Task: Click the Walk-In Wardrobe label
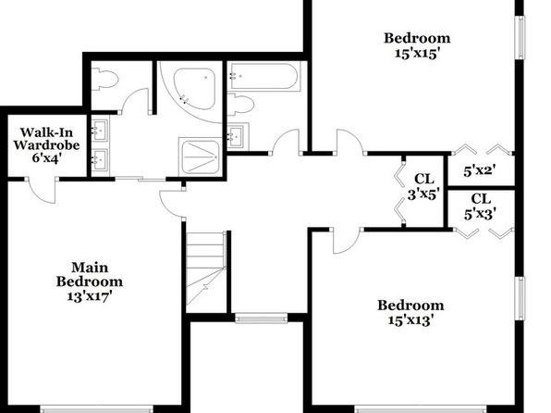(47, 139)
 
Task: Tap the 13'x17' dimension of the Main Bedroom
(90, 296)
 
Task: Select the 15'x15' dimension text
(417, 54)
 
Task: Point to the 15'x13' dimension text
(410, 320)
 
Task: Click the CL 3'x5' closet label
(423, 187)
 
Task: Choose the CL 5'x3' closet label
(481, 206)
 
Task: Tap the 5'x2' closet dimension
(480, 171)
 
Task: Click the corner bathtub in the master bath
(194, 89)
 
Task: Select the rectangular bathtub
(264, 76)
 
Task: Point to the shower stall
(201, 156)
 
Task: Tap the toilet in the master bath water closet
(104, 80)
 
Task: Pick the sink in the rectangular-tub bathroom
(239, 136)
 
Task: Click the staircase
(206, 272)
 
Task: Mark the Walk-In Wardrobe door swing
(43, 190)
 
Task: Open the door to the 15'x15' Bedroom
(349, 142)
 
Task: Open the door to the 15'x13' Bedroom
(347, 241)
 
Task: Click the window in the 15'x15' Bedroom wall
(520, 38)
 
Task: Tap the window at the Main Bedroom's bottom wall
(97, 409)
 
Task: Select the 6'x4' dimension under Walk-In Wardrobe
(47, 157)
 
